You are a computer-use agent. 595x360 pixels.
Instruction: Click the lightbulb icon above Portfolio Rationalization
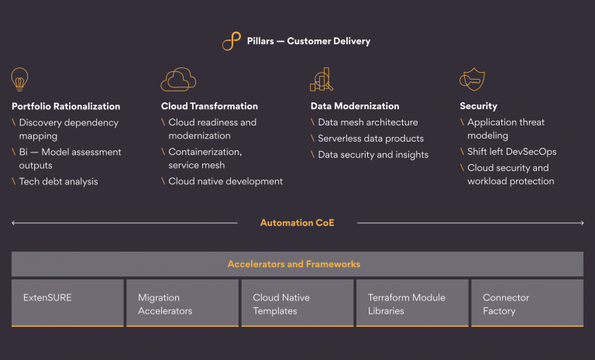(x=19, y=79)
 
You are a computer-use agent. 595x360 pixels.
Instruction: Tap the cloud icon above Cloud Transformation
(x=178, y=79)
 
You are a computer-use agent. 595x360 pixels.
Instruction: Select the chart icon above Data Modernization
(x=322, y=79)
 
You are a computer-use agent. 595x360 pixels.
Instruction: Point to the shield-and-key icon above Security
(x=473, y=79)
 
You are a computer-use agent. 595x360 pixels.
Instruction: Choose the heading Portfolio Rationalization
(x=66, y=106)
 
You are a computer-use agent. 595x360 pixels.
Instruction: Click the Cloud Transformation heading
(x=209, y=106)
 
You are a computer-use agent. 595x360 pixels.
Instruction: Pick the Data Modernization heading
(x=355, y=106)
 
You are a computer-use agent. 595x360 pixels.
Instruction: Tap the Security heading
(x=478, y=106)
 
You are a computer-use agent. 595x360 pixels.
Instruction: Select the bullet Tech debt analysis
(x=58, y=181)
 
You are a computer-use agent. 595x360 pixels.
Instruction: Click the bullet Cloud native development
(x=225, y=181)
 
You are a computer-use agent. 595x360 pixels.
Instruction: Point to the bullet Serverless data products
(x=370, y=139)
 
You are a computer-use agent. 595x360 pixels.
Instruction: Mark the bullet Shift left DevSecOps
(x=513, y=152)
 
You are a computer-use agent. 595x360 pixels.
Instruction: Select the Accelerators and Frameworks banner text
(x=294, y=264)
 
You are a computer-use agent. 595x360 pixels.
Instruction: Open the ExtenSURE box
(x=67, y=303)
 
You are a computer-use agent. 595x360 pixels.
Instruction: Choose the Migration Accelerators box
(x=182, y=303)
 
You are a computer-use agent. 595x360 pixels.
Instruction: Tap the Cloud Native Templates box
(x=297, y=303)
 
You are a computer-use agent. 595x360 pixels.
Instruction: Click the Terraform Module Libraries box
(x=411, y=303)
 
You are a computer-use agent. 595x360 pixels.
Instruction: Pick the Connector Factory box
(x=527, y=303)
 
